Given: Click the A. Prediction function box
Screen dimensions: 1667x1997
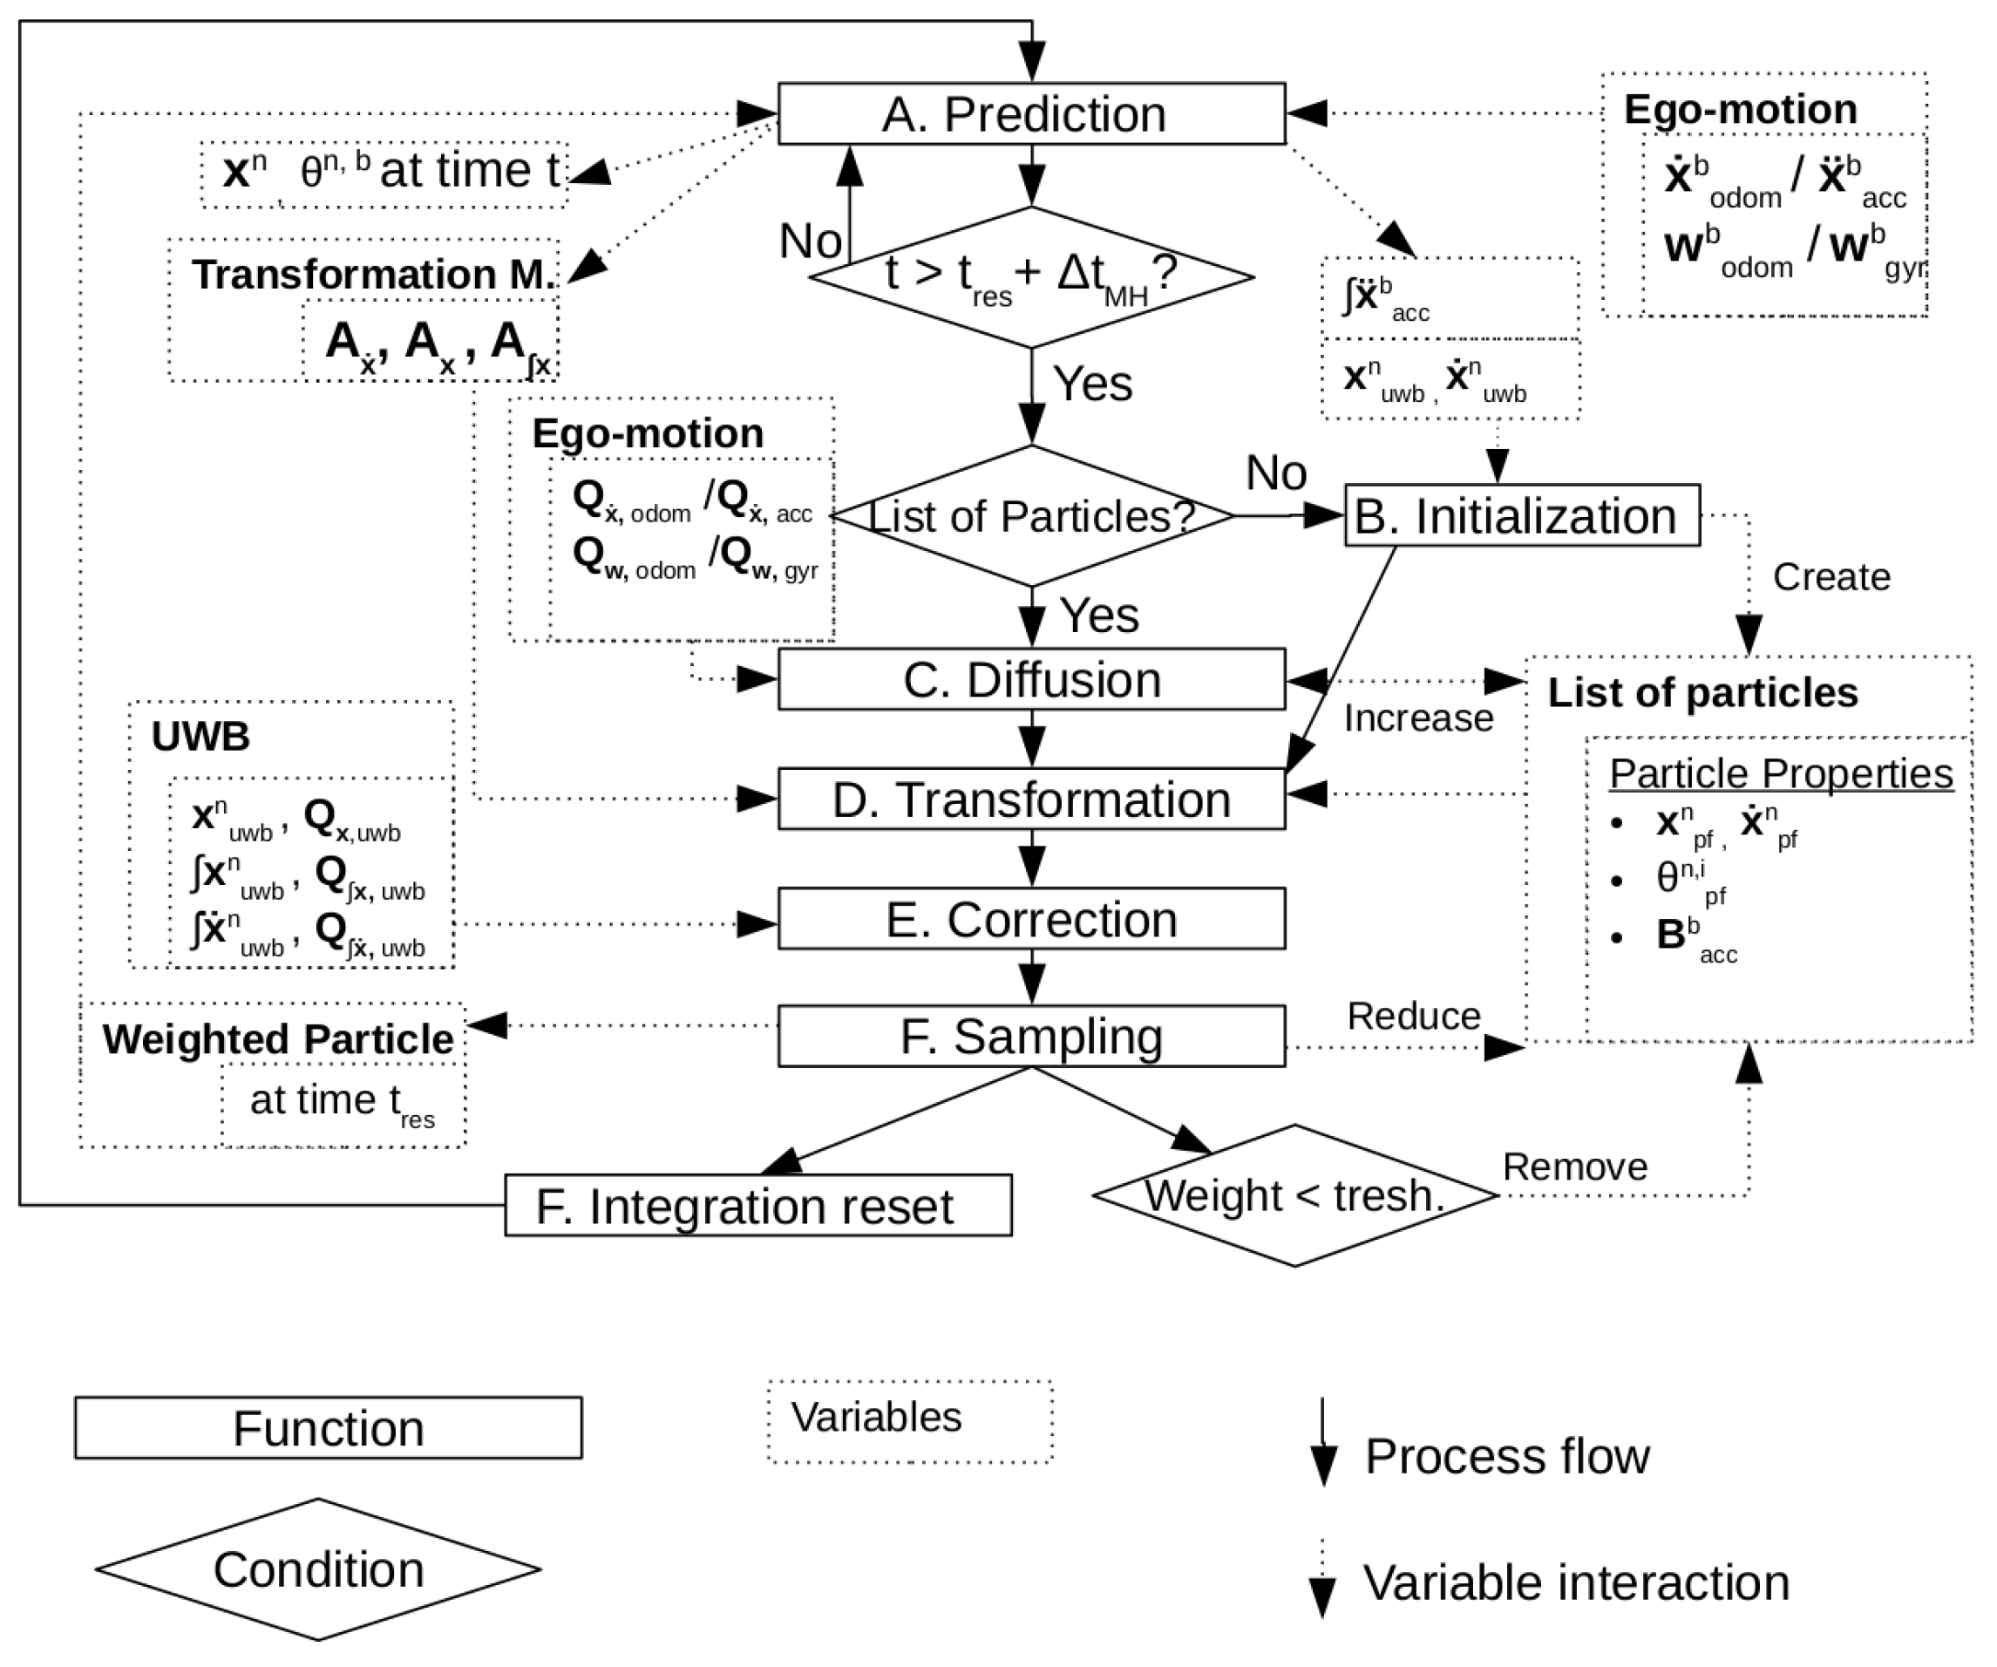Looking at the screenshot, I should pyautogui.click(x=1031, y=114).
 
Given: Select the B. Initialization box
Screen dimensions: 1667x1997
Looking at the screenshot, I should pyautogui.click(x=1522, y=516).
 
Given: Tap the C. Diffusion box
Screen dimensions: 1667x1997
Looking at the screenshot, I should pyautogui.click(x=1031, y=680).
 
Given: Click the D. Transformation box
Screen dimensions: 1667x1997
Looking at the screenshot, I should pyautogui.click(x=1031, y=799).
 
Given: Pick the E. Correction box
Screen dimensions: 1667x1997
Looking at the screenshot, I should pyautogui.click(x=1031, y=920).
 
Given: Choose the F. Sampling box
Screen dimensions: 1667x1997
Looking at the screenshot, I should pyautogui.click(x=1031, y=1037).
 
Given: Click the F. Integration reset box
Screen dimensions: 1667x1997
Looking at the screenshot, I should pyautogui.click(x=757, y=1206).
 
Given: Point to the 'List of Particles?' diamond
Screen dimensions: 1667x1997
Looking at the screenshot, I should pyautogui.click(x=1031, y=516).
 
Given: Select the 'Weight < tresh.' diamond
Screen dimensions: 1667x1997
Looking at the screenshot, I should pyautogui.click(x=1294, y=1195).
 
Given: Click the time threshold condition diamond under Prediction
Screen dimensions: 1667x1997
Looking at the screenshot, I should pyautogui.click(x=1031, y=276).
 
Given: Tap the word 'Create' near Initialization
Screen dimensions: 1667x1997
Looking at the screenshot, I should pyautogui.click(x=1831, y=577).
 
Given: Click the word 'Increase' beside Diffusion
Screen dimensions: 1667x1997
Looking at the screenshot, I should pyautogui.click(x=1418, y=718).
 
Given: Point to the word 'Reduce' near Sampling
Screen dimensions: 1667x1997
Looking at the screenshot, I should pyautogui.click(x=1413, y=1017).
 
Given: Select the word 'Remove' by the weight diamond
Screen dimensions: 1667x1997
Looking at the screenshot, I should pyautogui.click(x=1575, y=1167).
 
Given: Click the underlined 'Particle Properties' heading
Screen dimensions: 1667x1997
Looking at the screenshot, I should pyautogui.click(x=1780, y=773).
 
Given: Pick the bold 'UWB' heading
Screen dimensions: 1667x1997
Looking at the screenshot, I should pyautogui.click(x=200, y=736).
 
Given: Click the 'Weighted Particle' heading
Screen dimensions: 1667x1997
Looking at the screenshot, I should pyautogui.click(x=278, y=1038).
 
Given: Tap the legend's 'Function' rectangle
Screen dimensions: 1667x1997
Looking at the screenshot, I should pyautogui.click(x=328, y=1428).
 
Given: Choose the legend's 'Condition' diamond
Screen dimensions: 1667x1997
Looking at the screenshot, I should pyautogui.click(x=317, y=1570).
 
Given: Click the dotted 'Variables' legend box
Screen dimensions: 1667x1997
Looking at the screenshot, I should pyautogui.click(x=910, y=1421).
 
